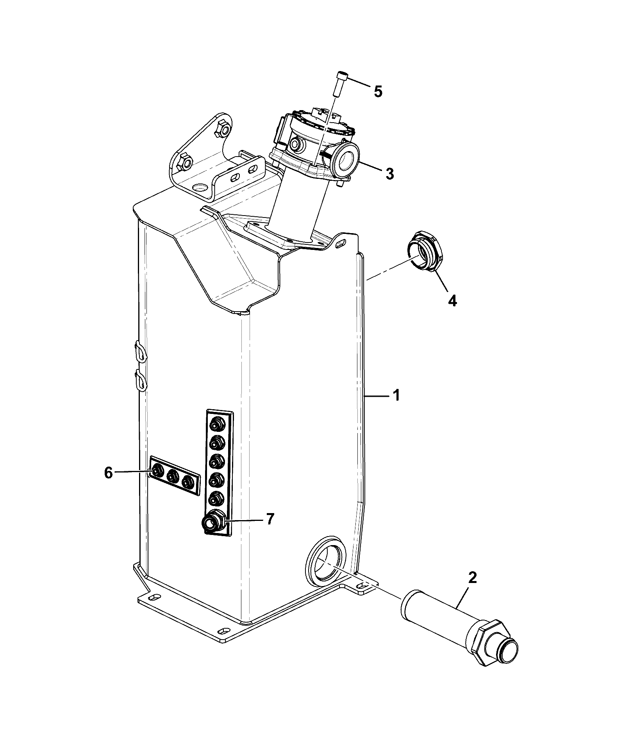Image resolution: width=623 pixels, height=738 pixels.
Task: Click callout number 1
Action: click(x=396, y=396)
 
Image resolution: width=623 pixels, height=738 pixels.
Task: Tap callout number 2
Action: click(x=472, y=577)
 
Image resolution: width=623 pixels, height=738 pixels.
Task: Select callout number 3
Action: click(x=389, y=173)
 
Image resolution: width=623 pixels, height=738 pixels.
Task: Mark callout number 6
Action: click(x=108, y=473)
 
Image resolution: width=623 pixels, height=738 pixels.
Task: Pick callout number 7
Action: click(x=270, y=519)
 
